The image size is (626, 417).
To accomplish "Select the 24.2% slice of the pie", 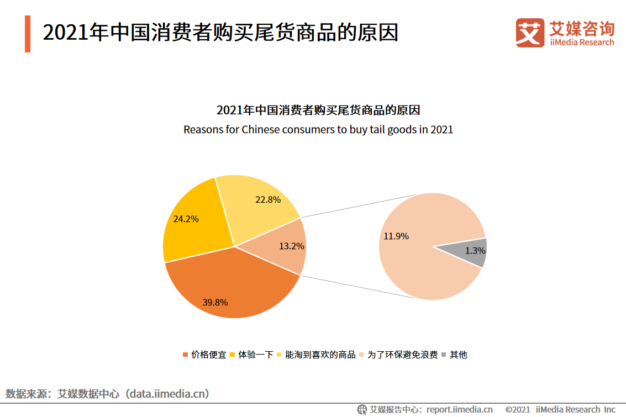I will (x=191, y=226).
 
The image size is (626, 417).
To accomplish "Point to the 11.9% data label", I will (x=396, y=236).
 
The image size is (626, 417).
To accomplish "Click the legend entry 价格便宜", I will (x=208, y=355).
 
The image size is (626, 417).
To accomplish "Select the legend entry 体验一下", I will (x=255, y=355).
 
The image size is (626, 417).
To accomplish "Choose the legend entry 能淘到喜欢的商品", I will (x=320, y=355).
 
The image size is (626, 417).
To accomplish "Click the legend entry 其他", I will (x=458, y=355).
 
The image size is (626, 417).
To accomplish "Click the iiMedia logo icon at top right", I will (x=530, y=33).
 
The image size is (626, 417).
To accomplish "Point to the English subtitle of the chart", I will (x=318, y=130).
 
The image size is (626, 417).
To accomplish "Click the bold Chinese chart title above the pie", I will (x=318, y=110).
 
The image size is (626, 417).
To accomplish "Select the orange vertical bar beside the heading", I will (x=28, y=34).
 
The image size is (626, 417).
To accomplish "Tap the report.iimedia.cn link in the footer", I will (x=459, y=409).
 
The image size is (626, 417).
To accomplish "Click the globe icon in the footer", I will (x=362, y=409).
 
